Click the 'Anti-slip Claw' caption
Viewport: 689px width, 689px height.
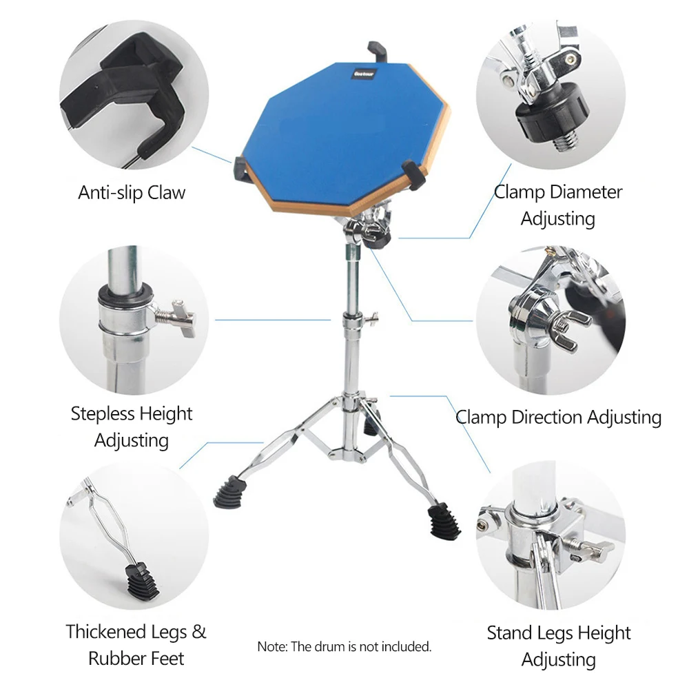click(x=132, y=192)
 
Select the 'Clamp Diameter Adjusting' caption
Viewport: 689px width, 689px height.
click(x=558, y=205)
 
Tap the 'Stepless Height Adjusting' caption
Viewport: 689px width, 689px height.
click(x=132, y=426)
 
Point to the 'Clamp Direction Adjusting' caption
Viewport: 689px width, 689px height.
click(x=559, y=417)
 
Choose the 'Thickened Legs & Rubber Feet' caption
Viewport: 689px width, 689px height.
click(x=136, y=645)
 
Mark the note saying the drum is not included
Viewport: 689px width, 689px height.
click(x=344, y=646)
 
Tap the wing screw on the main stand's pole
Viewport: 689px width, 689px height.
click(x=372, y=318)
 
